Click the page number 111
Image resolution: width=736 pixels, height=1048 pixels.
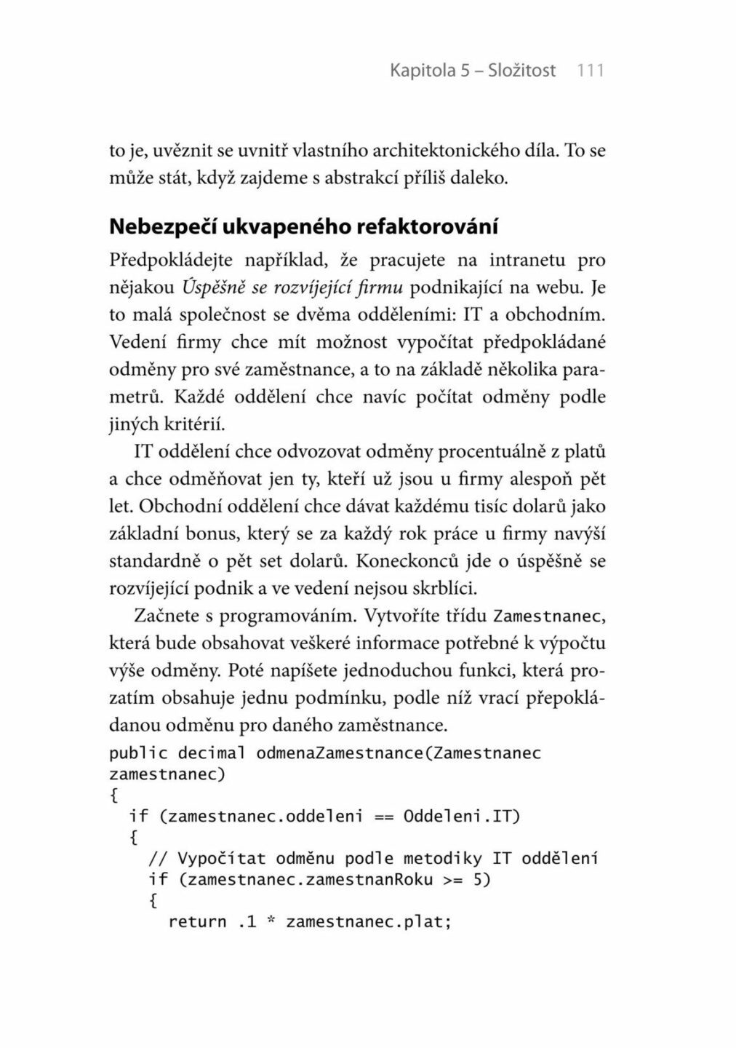click(590, 71)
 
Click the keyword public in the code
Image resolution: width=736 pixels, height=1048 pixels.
click(138, 753)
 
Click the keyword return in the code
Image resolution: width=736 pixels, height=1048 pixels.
click(197, 922)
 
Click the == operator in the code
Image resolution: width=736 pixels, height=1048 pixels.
click(383, 816)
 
